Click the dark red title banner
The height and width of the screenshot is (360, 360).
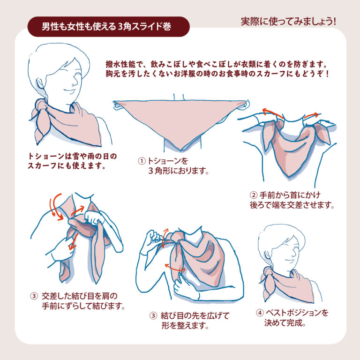(x=109, y=27)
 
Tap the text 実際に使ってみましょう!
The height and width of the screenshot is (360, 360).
(x=288, y=22)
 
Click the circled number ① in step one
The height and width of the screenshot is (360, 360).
(x=142, y=161)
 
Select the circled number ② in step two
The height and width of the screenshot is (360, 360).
(x=254, y=195)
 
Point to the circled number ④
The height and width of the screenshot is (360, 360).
(x=260, y=313)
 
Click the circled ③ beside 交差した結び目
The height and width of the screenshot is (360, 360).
(x=34, y=296)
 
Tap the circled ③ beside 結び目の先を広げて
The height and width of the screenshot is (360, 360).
(x=153, y=315)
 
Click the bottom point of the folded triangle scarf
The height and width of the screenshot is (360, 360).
(x=181, y=150)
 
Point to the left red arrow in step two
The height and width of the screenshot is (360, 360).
(x=272, y=112)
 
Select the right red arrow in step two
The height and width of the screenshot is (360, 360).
(x=311, y=115)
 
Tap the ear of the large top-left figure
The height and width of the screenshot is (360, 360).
(x=40, y=84)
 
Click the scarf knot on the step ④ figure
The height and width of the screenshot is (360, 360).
(x=269, y=272)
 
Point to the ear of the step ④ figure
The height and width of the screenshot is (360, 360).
(x=267, y=255)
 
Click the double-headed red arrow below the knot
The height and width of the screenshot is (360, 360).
(x=175, y=268)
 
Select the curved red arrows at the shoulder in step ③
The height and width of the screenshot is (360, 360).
(x=56, y=207)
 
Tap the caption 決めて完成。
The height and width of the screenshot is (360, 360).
(x=285, y=323)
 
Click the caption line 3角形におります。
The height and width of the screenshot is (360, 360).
(x=179, y=171)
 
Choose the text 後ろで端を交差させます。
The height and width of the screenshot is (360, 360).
(x=292, y=205)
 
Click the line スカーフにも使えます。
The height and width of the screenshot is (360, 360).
(x=67, y=165)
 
